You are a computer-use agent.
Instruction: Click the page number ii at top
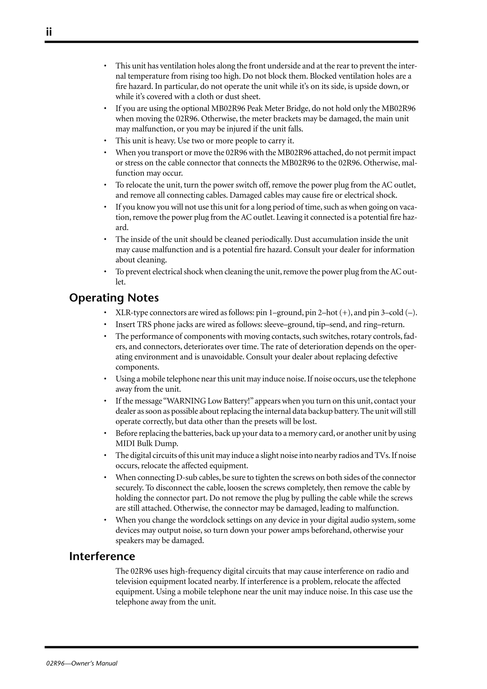(x=49, y=32)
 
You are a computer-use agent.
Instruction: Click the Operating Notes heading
(x=114, y=298)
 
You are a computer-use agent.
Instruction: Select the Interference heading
(x=102, y=556)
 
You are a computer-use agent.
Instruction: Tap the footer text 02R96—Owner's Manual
(x=81, y=663)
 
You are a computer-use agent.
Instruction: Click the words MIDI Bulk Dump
(x=147, y=443)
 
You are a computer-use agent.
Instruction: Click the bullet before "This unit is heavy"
(x=105, y=141)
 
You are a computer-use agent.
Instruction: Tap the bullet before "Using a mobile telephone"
(x=105, y=379)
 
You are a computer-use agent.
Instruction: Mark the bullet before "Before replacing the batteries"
(x=105, y=433)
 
